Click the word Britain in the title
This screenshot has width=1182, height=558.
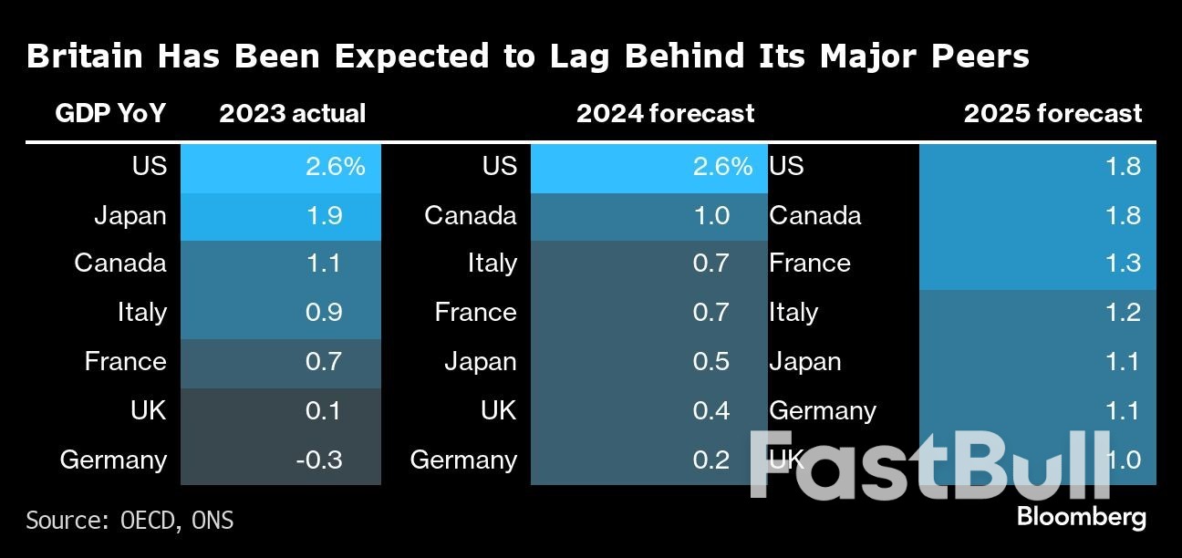pyautogui.click(x=84, y=57)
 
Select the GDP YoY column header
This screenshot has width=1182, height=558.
pyautogui.click(x=110, y=113)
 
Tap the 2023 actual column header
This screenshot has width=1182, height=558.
pyautogui.click(x=292, y=113)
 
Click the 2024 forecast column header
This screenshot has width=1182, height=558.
pyautogui.click(x=665, y=113)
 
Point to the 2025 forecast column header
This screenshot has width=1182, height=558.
pyautogui.click(x=1052, y=113)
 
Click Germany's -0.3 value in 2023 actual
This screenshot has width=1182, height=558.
pyautogui.click(x=318, y=460)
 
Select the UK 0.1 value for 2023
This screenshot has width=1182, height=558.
pyautogui.click(x=323, y=410)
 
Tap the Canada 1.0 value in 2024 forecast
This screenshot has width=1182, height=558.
pyautogui.click(x=711, y=216)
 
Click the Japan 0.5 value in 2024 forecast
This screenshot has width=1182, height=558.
pyautogui.click(x=711, y=362)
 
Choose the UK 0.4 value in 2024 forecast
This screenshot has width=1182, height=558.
pyautogui.click(x=711, y=410)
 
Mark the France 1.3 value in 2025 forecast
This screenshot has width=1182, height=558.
pyautogui.click(x=1121, y=263)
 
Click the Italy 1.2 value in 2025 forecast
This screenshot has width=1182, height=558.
pyautogui.click(x=1121, y=313)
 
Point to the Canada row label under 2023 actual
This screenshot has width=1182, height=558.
pyautogui.click(x=120, y=263)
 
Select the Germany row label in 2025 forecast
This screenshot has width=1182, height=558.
pyautogui.click(x=822, y=410)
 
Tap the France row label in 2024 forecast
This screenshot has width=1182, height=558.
pyautogui.click(x=475, y=313)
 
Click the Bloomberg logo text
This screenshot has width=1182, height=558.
pyautogui.click(x=1081, y=517)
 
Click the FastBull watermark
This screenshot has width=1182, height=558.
pyautogui.click(x=930, y=465)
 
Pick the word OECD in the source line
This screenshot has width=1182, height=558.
pyautogui.click(x=150, y=521)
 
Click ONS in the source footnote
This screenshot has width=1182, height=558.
pyautogui.click(x=212, y=521)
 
